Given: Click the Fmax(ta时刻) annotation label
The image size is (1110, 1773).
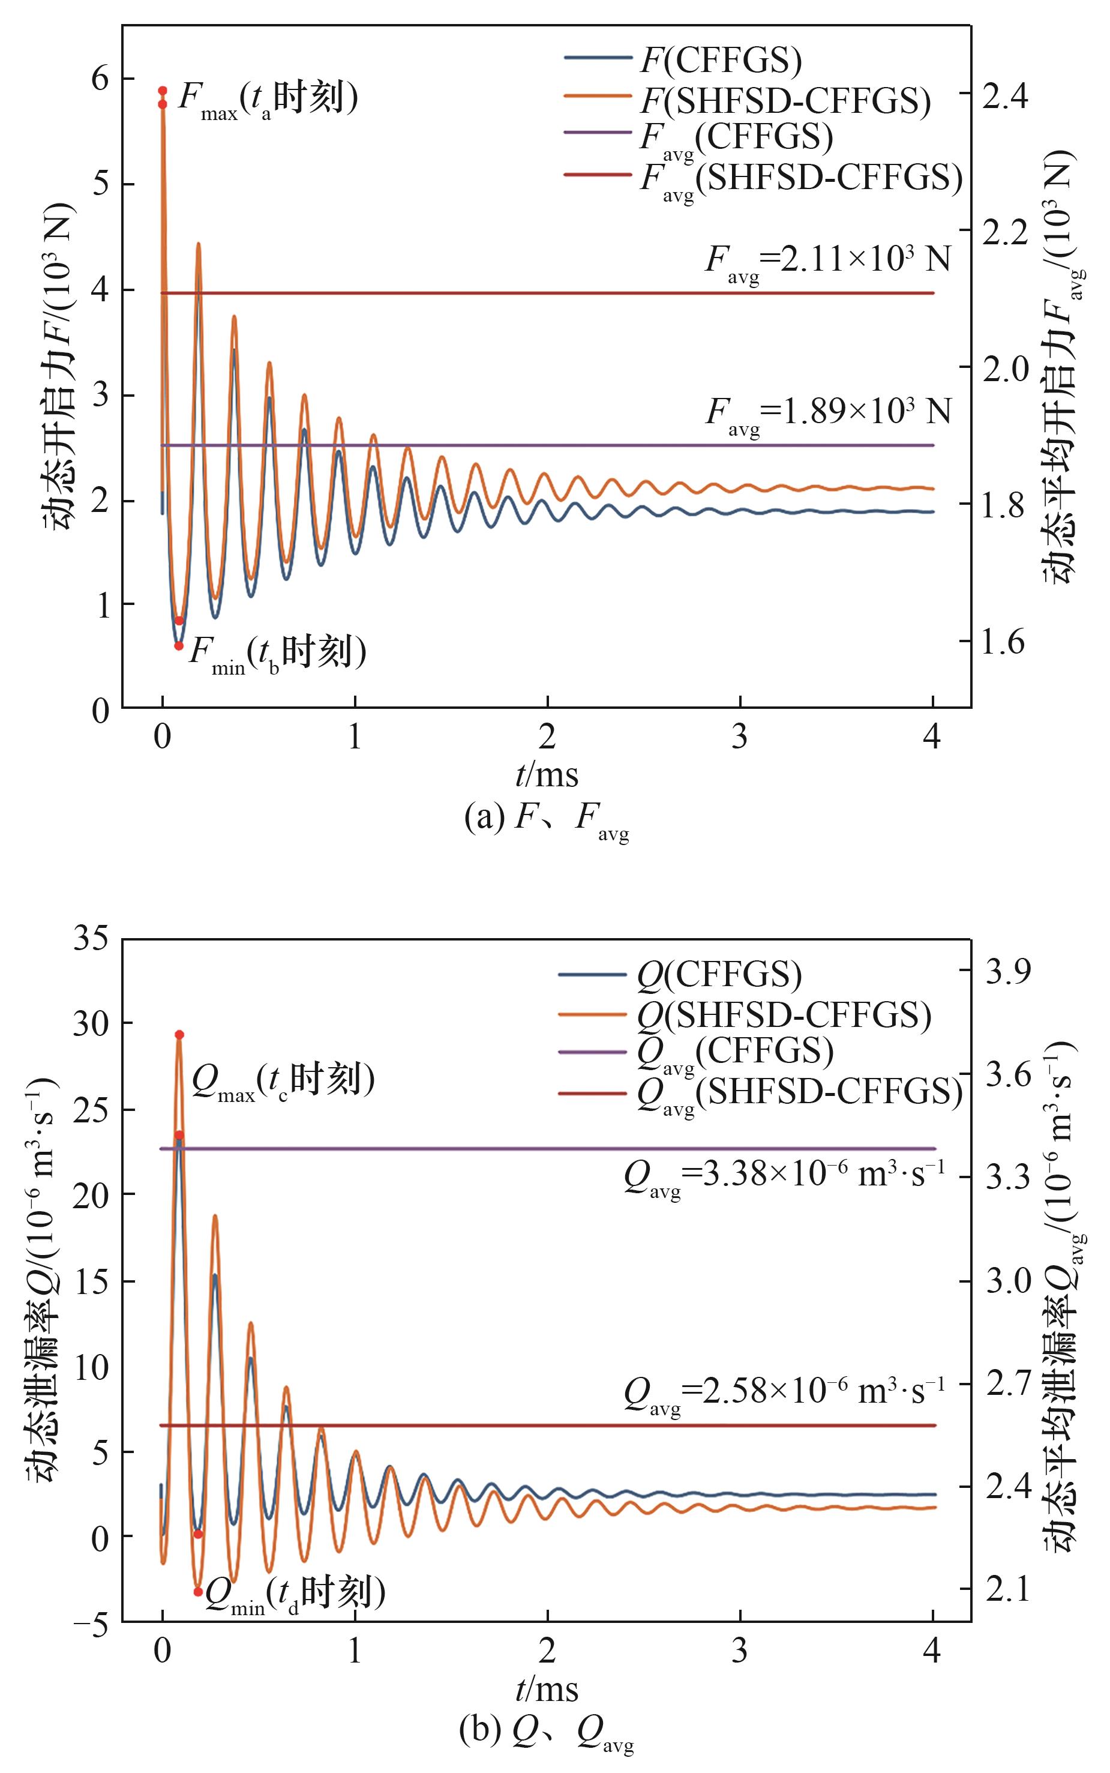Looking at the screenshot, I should [268, 99].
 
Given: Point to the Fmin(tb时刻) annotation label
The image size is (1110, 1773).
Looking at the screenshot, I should [277, 651].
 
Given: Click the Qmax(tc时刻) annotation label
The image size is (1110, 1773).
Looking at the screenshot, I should [283, 1082].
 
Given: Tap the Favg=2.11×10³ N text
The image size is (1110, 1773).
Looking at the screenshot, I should [827, 261].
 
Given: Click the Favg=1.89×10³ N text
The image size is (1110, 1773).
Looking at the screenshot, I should [828, 414].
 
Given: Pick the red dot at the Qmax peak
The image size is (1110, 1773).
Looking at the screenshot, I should [179, 1034].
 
